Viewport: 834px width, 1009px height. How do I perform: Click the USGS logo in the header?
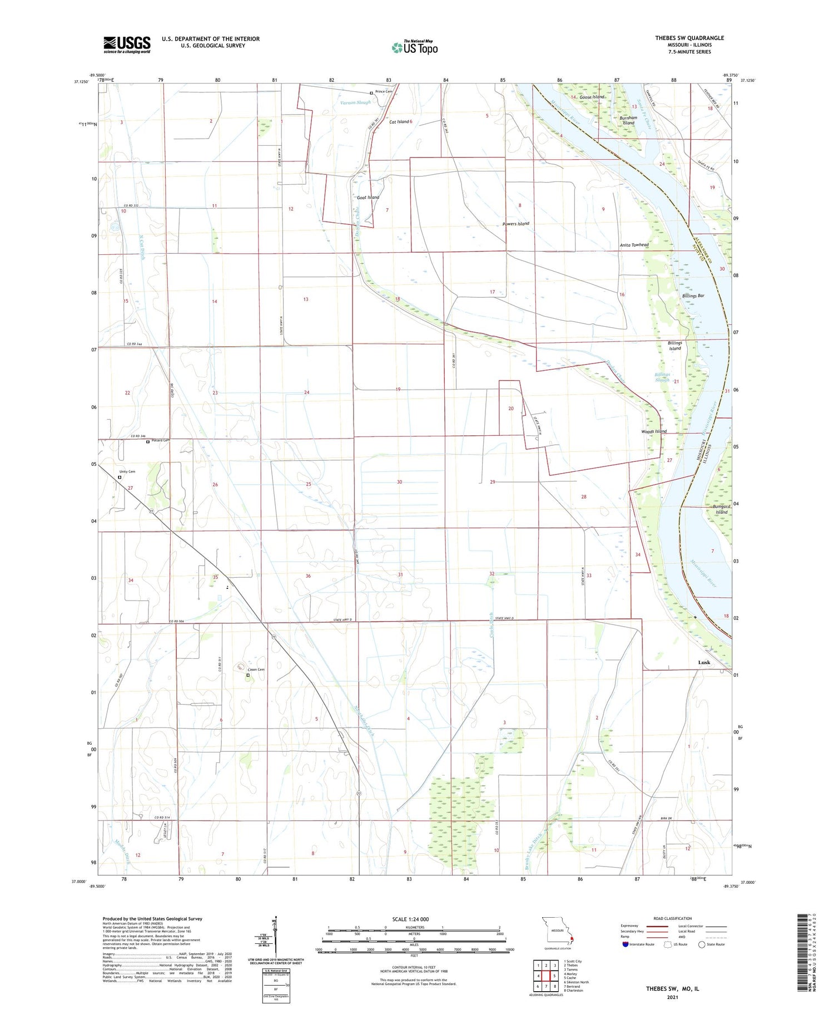(127, 45)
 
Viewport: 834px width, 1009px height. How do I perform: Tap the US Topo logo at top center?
(415, 48)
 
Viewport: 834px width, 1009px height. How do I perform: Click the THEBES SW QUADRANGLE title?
(689, 38)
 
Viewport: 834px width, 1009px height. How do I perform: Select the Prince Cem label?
(384, 92)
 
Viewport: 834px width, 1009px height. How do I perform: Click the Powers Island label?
(515, 224)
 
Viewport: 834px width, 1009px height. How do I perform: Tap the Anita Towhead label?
(634, 245)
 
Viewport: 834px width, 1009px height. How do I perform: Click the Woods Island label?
(653, 431)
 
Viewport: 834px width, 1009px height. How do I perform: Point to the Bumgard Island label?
(721, 509)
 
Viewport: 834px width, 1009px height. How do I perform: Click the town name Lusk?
(704, 662)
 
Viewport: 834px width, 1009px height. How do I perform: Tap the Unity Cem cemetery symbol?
(120, 477)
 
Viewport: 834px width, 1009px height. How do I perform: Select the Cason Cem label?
(256, 670)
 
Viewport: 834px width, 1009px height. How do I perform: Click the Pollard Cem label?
(160, 440)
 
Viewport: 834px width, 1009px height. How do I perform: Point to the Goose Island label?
(592, 97)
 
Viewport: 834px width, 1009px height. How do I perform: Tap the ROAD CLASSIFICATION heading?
(672, 918)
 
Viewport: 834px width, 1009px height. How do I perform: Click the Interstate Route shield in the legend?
(625, 944)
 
